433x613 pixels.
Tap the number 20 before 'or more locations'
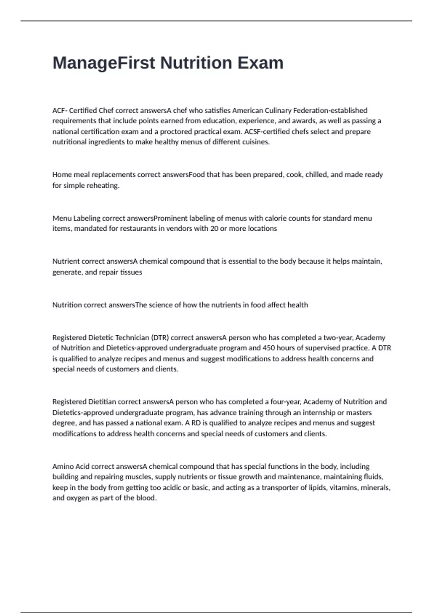click(214, 229)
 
